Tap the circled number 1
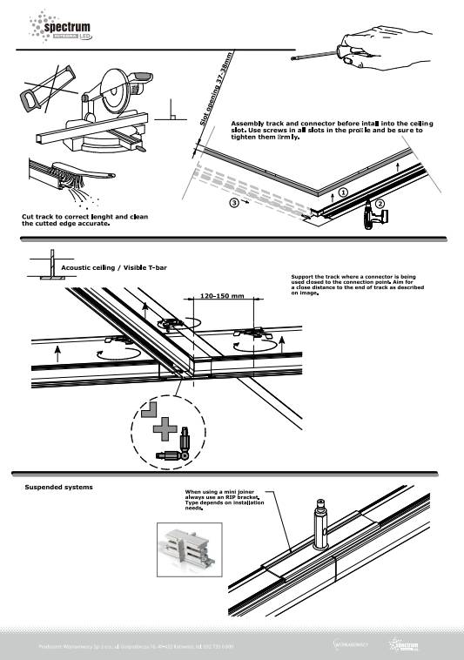click(343, 192)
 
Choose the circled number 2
click(380, 204)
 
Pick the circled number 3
click(234, 202)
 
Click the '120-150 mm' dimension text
click(220, 296)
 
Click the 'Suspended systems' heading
click(58, 487)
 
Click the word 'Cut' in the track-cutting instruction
click(29, 216)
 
